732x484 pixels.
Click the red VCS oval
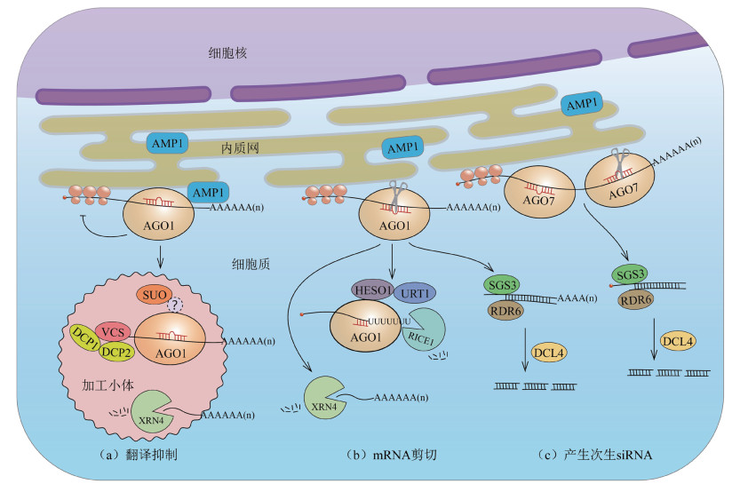click(112, 331)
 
